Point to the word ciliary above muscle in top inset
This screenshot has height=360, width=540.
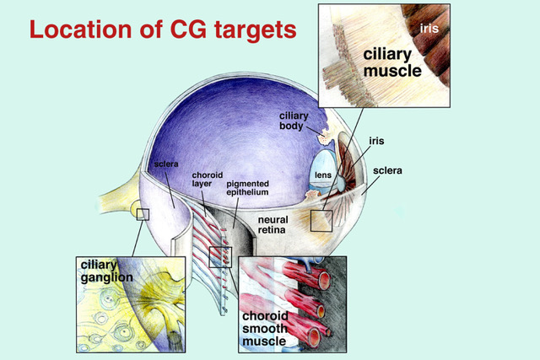tap(386, 54)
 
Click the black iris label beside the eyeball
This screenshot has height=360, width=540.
tap(377, 142)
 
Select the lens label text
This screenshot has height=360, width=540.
tap(322, 176)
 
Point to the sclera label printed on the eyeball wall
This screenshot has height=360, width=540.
tap(165, 164)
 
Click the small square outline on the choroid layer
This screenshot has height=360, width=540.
tap(219, 255)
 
